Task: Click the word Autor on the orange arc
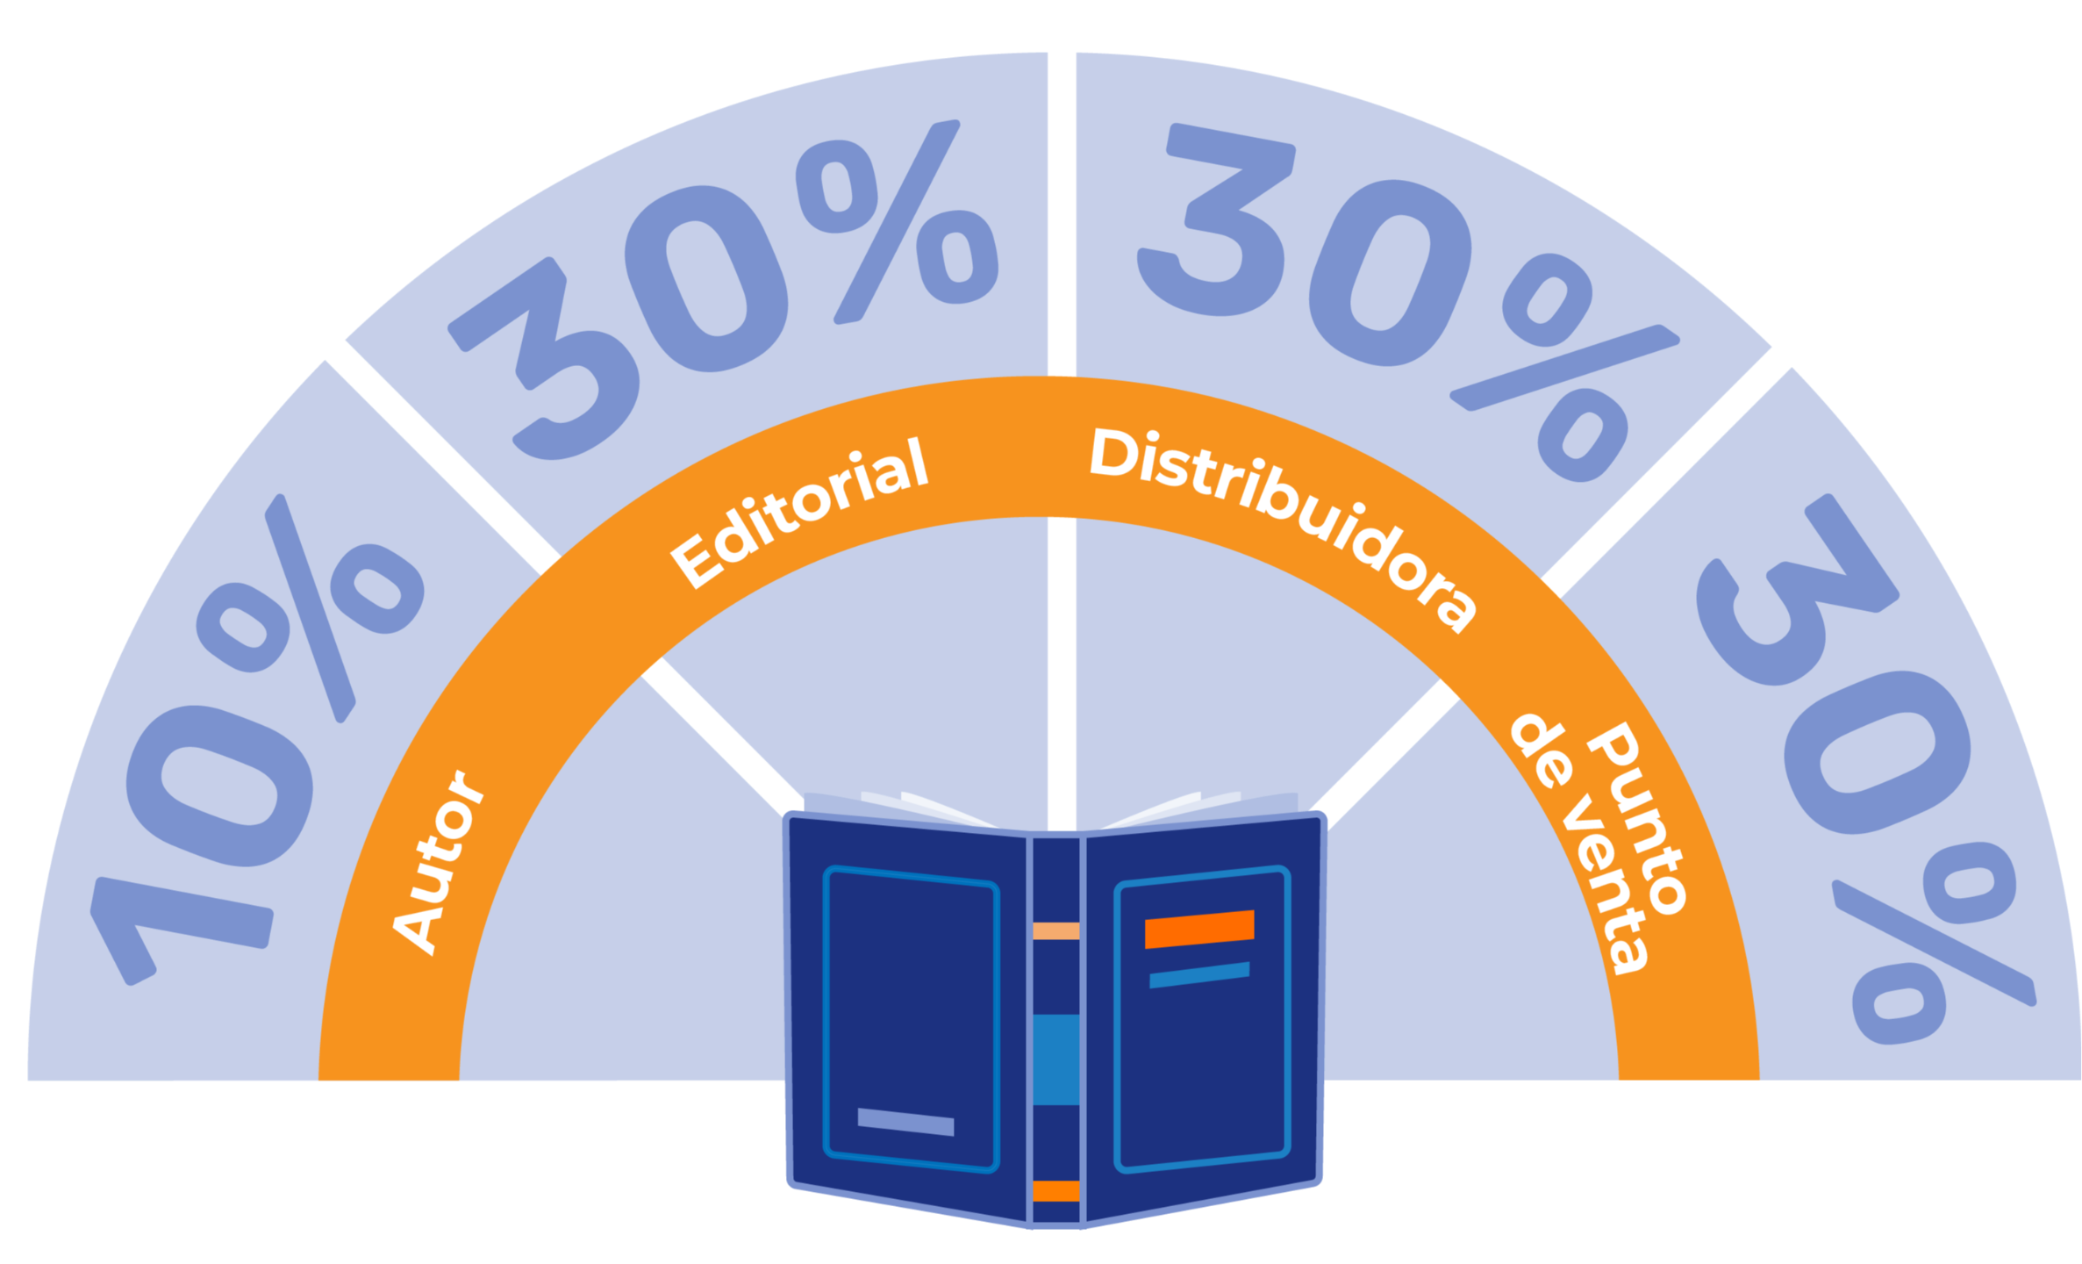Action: pyautogui.click(x=437, y=863)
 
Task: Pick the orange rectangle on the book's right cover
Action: pyautogui.click(x=1199, y=929)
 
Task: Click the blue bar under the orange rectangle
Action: pyautogui.click(x=1199, y=974)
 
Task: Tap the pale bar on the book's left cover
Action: pyautogui.click(x=905, y=1122)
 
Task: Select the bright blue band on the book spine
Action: pyautogui.click(x=1055, y=1059)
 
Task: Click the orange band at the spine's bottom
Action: pyautogui.click(x=1055, y=1191)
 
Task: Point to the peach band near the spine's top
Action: pyautogui.click(x=1055, y=931)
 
